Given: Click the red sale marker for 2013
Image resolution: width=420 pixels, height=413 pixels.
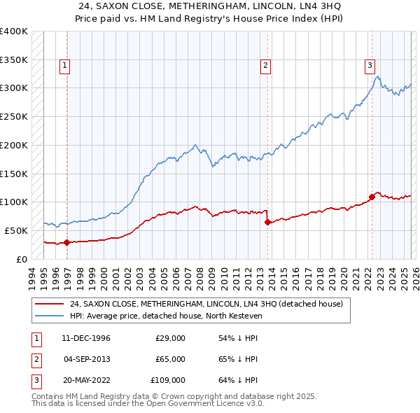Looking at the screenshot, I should coord(267,222).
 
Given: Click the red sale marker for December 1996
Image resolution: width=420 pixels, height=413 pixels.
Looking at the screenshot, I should coord(66,243).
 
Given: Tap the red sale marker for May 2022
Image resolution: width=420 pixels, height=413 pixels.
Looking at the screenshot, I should coord(372,197).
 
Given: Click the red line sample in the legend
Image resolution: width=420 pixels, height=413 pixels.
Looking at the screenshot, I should coord(50,304).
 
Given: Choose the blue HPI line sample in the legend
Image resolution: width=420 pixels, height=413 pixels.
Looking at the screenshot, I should coord(50,316).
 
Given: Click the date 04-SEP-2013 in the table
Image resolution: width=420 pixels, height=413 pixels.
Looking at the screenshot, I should coord(87,359).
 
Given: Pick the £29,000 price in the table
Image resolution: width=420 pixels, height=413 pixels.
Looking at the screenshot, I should coord(170,338).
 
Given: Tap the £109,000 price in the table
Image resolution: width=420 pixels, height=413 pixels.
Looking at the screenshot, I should coord(168,380).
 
